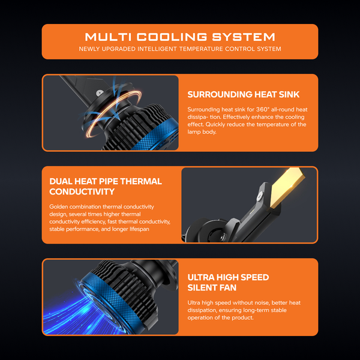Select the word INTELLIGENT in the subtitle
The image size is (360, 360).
click(x=157, y=49)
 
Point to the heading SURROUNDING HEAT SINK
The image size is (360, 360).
click(x=244, y=94)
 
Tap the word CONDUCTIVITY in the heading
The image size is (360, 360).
click(x=82, y=192)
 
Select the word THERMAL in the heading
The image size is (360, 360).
click(x=141, y=181)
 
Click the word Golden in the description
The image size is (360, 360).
click(x=59, y=206)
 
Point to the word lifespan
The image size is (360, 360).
click(x=139, y=229)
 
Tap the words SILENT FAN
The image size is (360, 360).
click(x=212, y=287)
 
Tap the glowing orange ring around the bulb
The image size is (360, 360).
click(x=113, y=113)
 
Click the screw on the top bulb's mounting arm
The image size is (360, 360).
click(x=100, y=93)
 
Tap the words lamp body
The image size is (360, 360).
click(x=202, y=132)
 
